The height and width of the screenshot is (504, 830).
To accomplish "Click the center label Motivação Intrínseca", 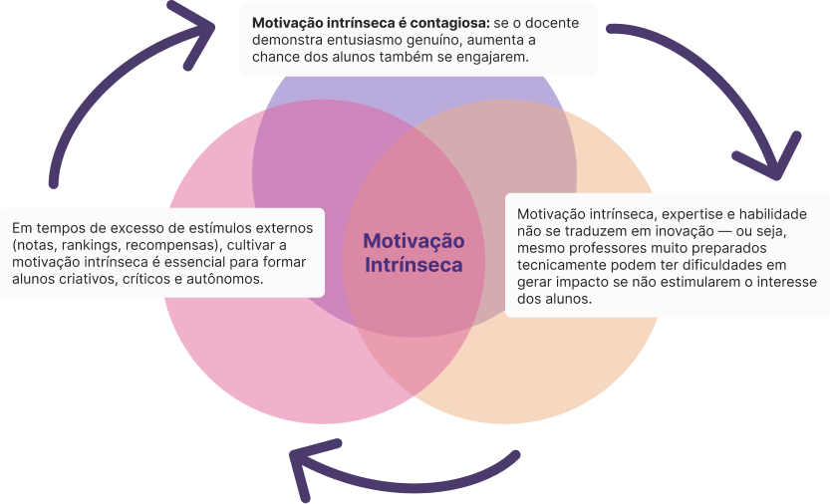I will [x=414, y=253].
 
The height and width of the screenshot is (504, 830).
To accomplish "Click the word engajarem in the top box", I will [x=493, y=58].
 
